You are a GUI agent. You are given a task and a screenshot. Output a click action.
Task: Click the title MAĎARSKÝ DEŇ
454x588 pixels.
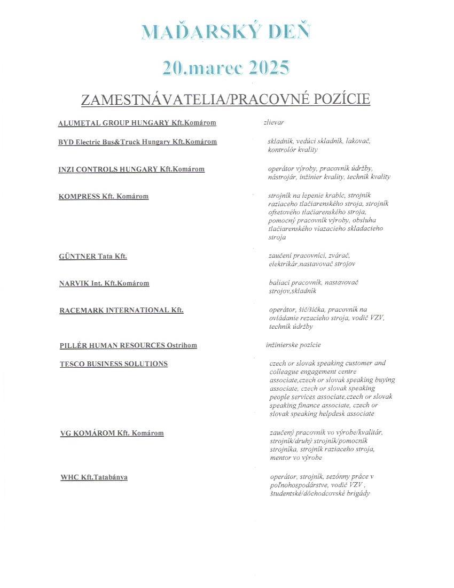pyautogui.click(x=226, y=32)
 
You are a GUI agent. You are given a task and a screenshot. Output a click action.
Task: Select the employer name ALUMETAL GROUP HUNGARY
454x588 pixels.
pyautogui.click(x=114, y=123)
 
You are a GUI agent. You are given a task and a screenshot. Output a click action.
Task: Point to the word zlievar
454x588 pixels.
pyautogui.click(x=273, y=122)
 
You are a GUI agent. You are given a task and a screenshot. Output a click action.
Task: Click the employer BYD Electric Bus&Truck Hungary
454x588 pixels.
pyautogui.click(x=113, y=142)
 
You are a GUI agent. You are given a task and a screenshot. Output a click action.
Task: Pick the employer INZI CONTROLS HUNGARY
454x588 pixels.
pyautogui.click(x=108, y=169)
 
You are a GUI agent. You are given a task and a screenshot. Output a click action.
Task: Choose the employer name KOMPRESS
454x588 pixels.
pyautogui.click(x=80, y=196)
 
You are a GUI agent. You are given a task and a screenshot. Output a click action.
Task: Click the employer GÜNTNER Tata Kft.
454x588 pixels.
pyautogui.click(x=93, y=256)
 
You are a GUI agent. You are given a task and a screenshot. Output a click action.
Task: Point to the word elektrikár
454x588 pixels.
pyautogui.click(x=283, y=264)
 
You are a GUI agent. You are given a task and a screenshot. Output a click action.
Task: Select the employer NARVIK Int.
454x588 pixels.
pyautogui.click(x=81, y=283)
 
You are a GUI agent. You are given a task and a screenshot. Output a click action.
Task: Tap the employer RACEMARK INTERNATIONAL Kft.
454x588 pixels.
pyautogui.click(x=121, y=310)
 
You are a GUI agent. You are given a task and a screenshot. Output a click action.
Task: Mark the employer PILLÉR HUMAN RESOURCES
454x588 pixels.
pyautogui.click(x=112, y=345)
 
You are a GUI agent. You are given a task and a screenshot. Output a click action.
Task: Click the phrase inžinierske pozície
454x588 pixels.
pyautogui.click(x=293, y=345)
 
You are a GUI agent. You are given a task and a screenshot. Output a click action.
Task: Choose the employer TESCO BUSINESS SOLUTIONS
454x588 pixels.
pyautogui.click(x=114, y=364)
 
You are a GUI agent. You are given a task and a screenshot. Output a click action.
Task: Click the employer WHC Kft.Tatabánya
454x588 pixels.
pyautogui.click(x=94, y=477)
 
